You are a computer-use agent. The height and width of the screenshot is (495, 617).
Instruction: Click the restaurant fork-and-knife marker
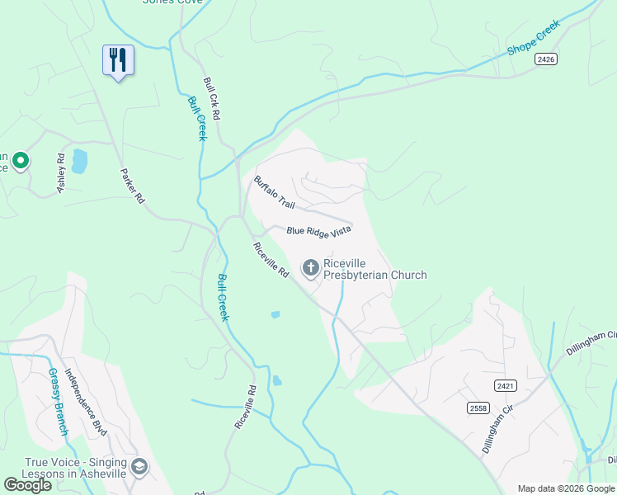point(118,60)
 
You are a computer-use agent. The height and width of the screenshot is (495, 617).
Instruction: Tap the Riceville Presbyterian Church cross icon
point(311,266)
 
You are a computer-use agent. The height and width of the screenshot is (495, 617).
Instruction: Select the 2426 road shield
point(545,59)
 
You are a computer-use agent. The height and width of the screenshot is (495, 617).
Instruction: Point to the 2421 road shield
point(506,386)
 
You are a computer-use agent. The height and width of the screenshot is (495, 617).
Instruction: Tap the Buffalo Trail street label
point(274,192)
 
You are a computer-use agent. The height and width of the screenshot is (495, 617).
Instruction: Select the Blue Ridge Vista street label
point(319,230)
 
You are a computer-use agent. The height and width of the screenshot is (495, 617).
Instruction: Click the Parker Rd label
point(133,186)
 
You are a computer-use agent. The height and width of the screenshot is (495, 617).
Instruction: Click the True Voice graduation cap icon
point(139,468)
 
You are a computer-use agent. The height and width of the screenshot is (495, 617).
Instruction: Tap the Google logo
point(27,485)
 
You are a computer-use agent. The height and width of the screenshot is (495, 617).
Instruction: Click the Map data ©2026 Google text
point(566,488)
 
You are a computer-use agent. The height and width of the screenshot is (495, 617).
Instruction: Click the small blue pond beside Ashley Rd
point(79,161)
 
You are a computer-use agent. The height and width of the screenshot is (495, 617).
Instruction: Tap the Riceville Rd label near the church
point(271,260)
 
